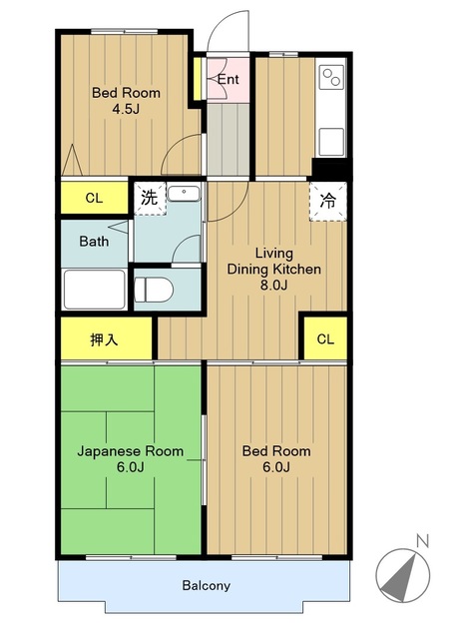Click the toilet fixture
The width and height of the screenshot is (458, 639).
pyautogui.click(x=154, y=290)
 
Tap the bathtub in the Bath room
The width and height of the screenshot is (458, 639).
pyautogui.click(x=95, y=290)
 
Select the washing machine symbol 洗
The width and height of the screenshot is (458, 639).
pyautogui.click(x=150, y=198)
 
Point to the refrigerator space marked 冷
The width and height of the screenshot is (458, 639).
pyautogui.click(x=327, y=202)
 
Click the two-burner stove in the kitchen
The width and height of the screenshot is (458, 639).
pyautogui.click(x=331, y=77)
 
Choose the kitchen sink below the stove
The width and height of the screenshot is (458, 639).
pyautogui.click(x=331, y=142)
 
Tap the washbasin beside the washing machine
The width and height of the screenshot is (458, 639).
pyautogui.click(x=184, y=194)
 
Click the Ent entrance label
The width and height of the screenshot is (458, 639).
pyautogui.click(x=228, y=79)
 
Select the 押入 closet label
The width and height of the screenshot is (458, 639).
pyautogui.click(x=104, y=339)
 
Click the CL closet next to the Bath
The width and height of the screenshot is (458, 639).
pyautogui.click(x=94, y=198)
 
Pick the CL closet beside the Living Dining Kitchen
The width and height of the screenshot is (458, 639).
pyautogui.click(x=325, y=338)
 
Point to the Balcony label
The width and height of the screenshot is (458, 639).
pyautogui.click(x=206, y=586)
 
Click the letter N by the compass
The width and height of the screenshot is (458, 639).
pyautogui.click(x=423, y=541)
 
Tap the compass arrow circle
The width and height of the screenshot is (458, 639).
pyautogui.click(x=402, y=575)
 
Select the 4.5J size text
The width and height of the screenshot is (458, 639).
pyautogui.click(x=126, y=109)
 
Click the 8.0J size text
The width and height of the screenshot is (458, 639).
pyautogui.click(x=274, y=285)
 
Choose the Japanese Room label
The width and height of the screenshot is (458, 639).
pyautogui.click(x=131, y=451)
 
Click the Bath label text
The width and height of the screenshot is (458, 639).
pyautogui.click(x=94, y=242)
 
